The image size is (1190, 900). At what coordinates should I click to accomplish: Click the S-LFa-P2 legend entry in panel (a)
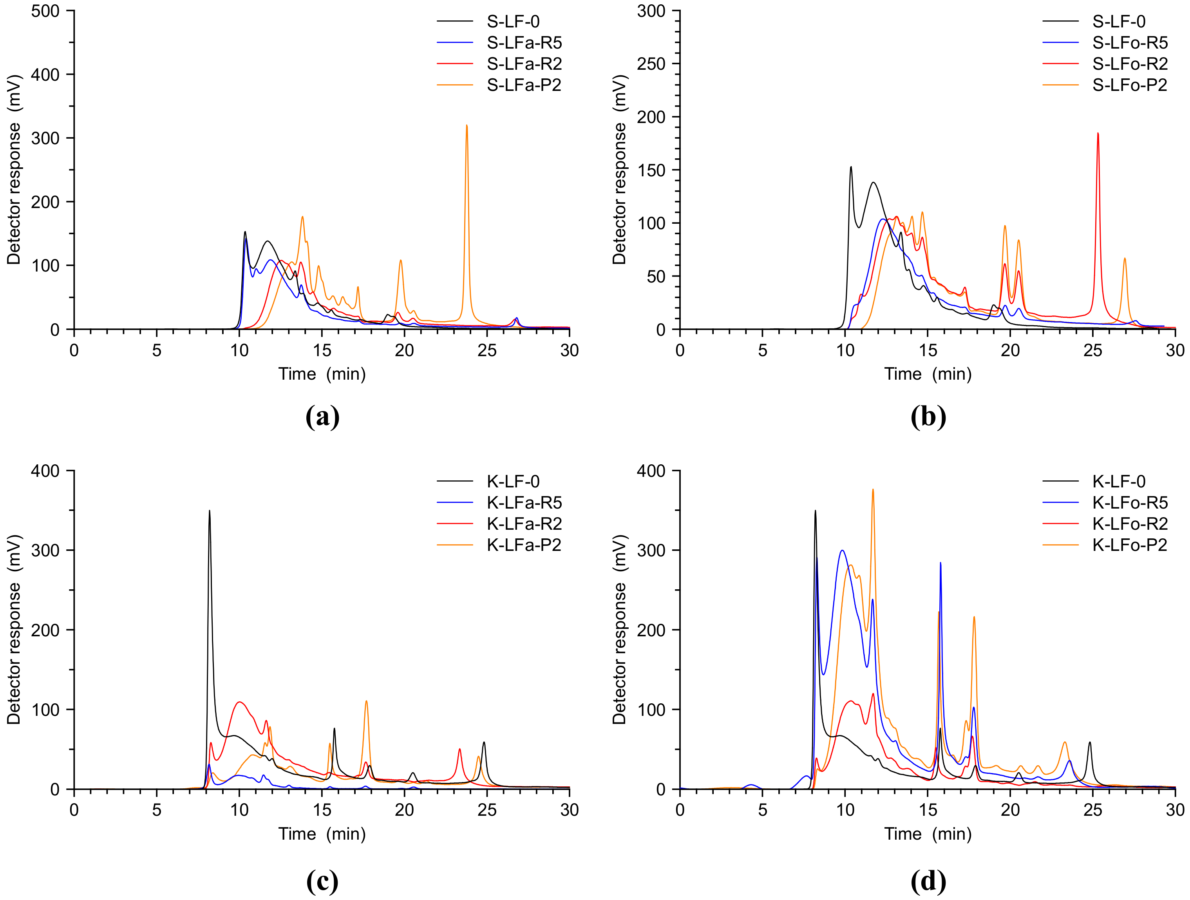pyautogui.click(x=523, y=85)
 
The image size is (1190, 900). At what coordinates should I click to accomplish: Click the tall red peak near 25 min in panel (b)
pyautogui.click(x=1098, y=134)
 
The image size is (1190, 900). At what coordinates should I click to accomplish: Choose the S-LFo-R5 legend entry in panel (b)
pyautogui.click(x=1130, y=43)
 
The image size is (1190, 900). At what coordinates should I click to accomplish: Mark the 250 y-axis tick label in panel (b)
pyautogui.click(x=651, y=64)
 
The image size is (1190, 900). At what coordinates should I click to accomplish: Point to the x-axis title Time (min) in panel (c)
pyautogui.click(x=322, y=833)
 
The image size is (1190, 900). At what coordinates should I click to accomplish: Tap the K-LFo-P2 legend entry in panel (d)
pyautogui.click(x=1130, y=545)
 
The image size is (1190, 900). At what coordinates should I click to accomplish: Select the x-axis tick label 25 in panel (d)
pyautogui.click(x=1092, y=810)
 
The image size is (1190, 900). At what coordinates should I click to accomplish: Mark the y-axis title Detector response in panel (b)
pyautogui.click(x=619, y=170)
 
